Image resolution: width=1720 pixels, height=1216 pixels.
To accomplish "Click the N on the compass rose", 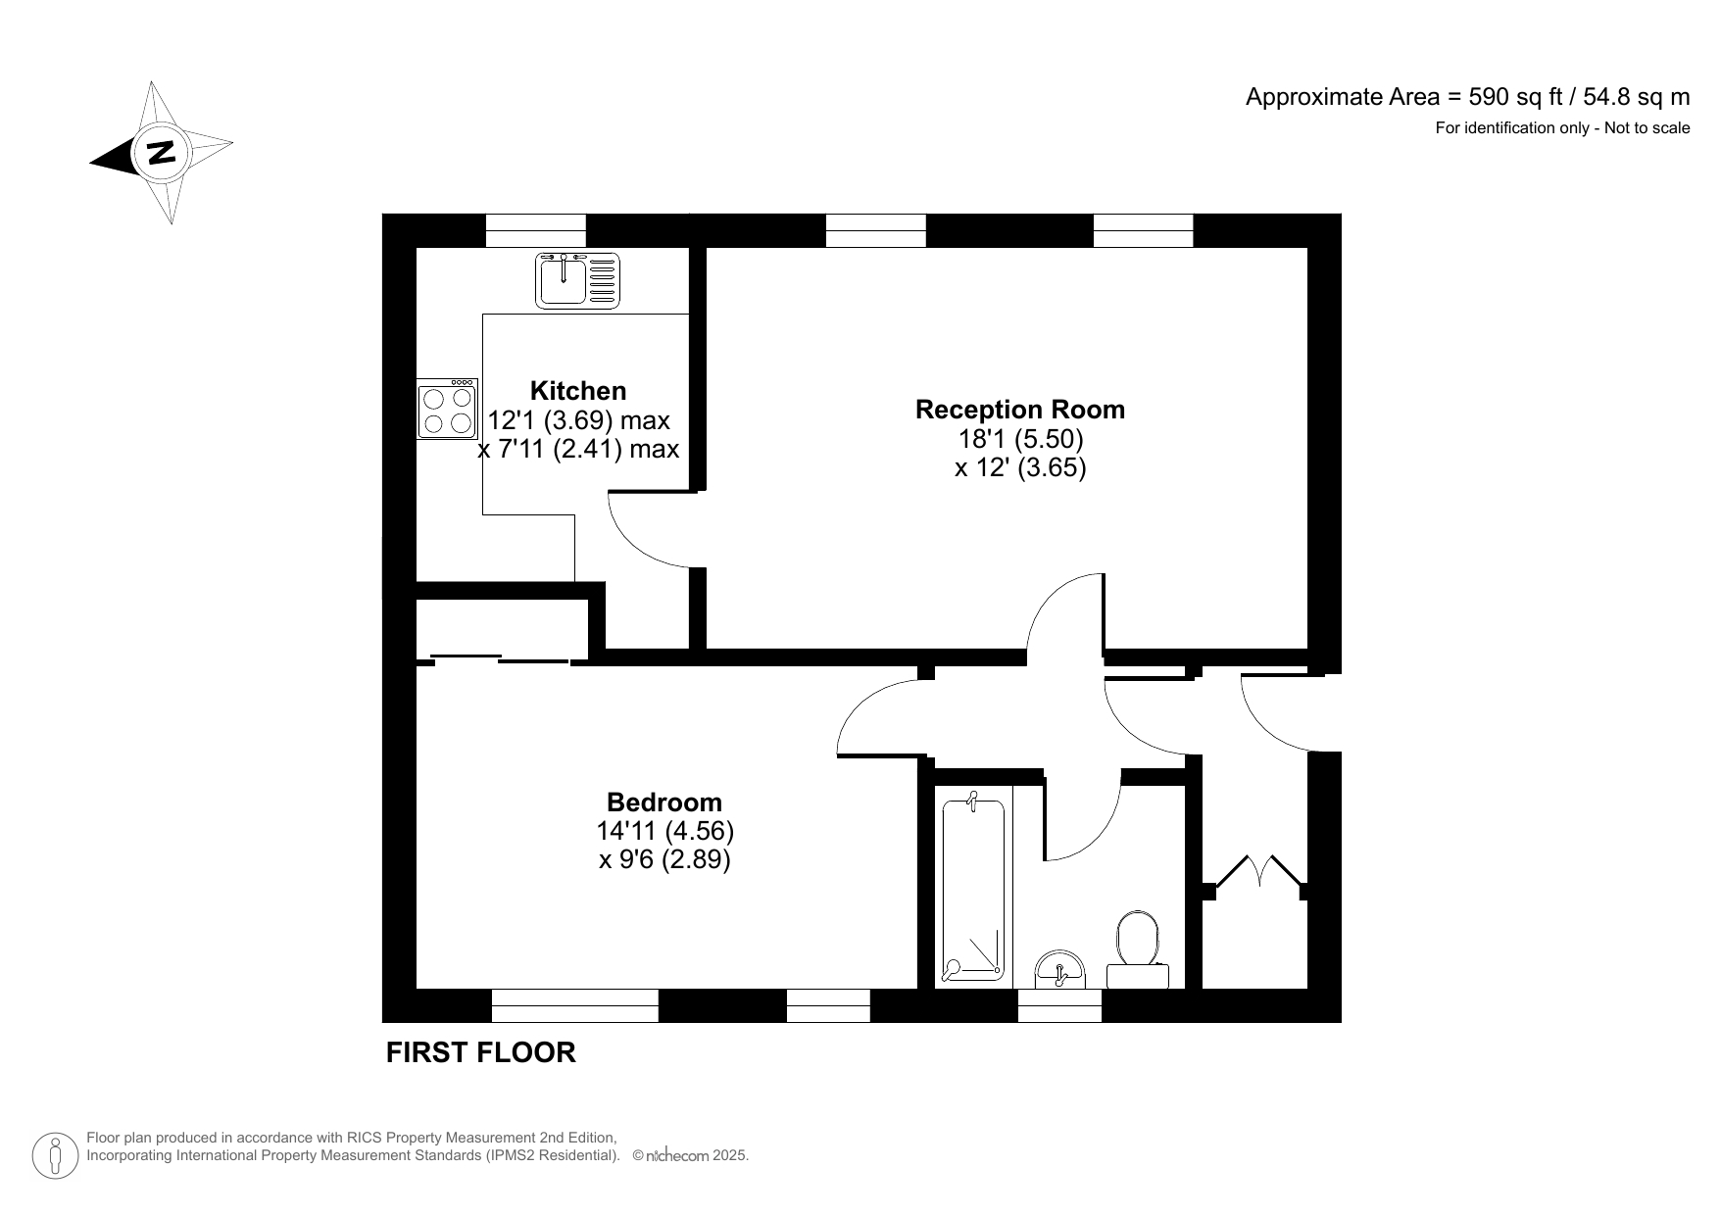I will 160,153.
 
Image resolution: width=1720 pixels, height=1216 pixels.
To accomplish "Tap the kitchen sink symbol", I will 578,280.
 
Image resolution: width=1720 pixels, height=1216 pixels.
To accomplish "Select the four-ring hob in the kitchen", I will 447,410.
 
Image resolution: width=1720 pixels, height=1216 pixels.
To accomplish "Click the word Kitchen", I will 577,390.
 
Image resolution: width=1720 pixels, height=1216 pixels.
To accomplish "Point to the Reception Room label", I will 1019,409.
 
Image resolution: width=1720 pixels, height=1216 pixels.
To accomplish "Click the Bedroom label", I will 663,802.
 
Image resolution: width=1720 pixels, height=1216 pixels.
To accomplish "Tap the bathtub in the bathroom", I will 973,890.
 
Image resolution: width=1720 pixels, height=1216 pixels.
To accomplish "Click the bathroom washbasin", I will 1059,968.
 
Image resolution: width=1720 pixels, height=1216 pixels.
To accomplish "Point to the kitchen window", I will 535,230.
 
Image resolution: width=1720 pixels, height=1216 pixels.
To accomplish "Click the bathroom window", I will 1059,1006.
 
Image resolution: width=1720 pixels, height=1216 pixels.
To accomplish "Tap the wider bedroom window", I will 574,1006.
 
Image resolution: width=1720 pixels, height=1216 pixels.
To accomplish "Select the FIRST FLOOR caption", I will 480,1052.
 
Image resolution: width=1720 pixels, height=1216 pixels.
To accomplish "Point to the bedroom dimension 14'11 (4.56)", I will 664,831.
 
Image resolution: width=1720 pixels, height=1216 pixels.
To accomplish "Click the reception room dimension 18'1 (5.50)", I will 1019,438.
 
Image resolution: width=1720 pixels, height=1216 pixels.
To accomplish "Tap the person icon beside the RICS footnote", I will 56,1156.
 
